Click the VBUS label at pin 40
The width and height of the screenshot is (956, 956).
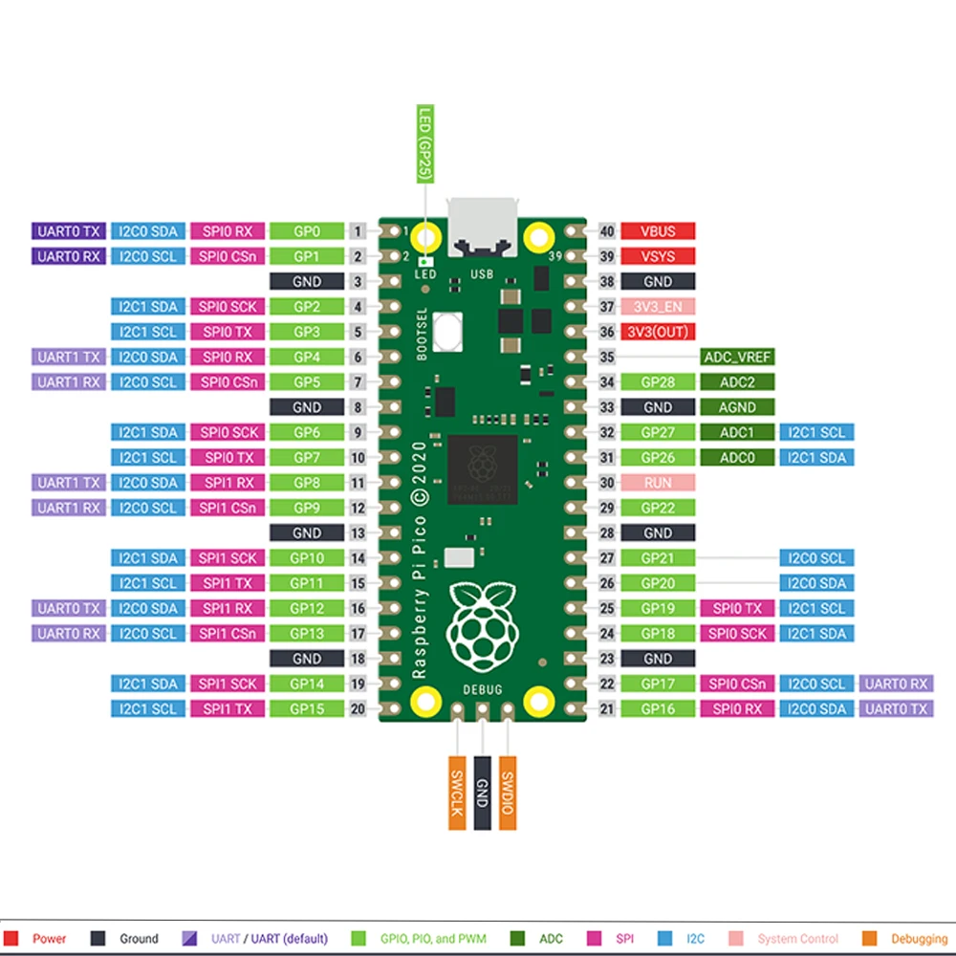(x=658, y=231)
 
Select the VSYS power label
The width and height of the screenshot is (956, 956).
(x=658, y=256)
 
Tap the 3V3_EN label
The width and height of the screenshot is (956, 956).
(x=658, y=307)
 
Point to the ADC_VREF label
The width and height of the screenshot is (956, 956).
(x=737, y=357)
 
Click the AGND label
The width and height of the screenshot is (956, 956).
(x=737, y=407)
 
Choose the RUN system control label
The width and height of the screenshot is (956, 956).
(x=658, y=483)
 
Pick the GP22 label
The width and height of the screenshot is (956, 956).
(x=658, y=508)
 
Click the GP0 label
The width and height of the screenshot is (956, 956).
(x=306, y=231)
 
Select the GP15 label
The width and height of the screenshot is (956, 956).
(x=306, y=708)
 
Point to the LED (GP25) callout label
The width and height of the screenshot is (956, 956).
(x=425, y=143)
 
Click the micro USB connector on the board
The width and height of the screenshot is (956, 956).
(x=484, y=228)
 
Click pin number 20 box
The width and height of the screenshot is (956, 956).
(x=358, y=708)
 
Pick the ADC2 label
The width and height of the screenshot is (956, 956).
(x=737, y=382)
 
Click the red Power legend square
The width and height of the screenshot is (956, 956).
(x=12, y=939)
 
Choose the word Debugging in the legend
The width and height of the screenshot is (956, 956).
(x=920, y=939)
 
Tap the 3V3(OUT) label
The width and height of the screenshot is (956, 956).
(x=658, y=332)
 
